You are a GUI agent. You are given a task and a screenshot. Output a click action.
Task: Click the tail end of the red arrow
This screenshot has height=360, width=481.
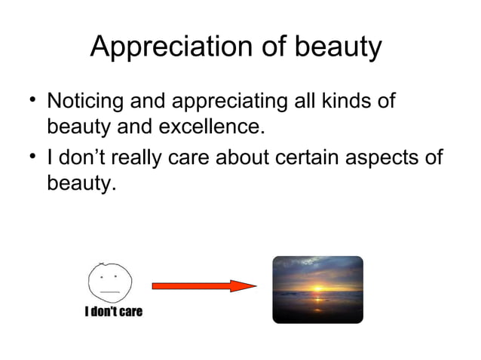pos(155,286)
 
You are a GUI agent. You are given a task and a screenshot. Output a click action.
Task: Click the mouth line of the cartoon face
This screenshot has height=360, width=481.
pos(110,291)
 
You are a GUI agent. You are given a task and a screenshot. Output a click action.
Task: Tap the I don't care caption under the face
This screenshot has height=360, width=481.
pos(113,312)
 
